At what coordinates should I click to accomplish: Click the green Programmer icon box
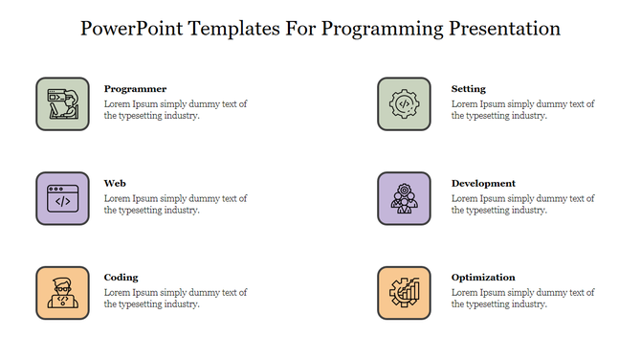[62, 103]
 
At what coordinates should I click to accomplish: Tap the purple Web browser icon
[62, 198]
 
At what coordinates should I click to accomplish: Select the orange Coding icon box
[62, 293]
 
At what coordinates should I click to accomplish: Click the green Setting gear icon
[404, 103]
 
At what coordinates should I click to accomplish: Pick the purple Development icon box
[404, 198]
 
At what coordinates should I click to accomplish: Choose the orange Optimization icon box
[404, 293]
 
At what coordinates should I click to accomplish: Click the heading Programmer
[135, 89]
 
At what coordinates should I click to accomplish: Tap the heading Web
[115, 183]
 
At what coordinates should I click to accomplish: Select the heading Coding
[122, 278]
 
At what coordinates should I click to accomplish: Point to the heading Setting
[468, 89]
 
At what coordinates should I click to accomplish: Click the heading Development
[483, 183]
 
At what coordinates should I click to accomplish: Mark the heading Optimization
[483, 278]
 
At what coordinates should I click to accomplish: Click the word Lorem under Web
[118, 198]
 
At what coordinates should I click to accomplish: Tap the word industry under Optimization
[527, 304]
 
